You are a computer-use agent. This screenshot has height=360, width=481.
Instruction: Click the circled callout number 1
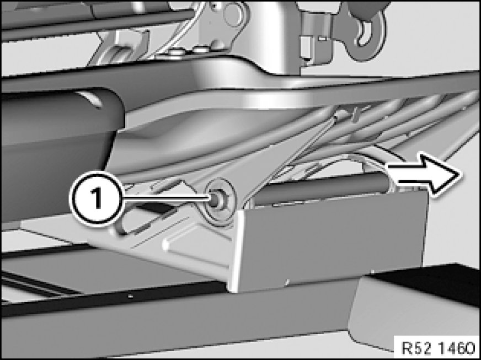coord(97,198)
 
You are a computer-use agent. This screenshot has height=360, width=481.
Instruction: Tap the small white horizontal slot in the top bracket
coord(321,39)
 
